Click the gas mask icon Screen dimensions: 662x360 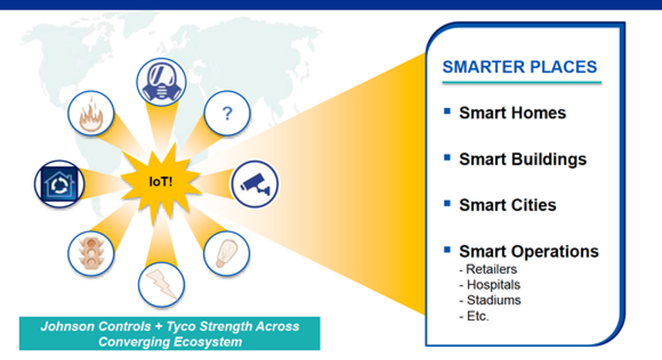(161, 82)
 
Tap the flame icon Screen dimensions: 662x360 (91, 113)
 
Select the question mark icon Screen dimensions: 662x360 (227, 113)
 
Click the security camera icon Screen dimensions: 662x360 (255, 184)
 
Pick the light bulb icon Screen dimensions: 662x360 (227, 253)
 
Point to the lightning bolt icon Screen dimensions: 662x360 (161, 285)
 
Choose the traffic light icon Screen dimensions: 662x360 (91, 253)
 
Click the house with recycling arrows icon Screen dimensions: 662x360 (60, 184)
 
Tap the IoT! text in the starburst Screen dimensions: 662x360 (161, 181)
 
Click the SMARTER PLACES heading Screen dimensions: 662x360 (520, 67)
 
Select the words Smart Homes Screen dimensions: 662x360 (513, 113)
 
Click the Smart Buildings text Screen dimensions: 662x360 (523, 159)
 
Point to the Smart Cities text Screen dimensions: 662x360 (508, 205)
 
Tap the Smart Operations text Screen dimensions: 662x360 (529, 251)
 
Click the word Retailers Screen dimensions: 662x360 (491, 269)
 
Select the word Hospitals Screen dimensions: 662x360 (493, 285)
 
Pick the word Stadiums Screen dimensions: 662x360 (494, 300)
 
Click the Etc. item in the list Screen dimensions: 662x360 (478, 316)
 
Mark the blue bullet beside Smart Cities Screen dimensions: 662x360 (447, 203)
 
